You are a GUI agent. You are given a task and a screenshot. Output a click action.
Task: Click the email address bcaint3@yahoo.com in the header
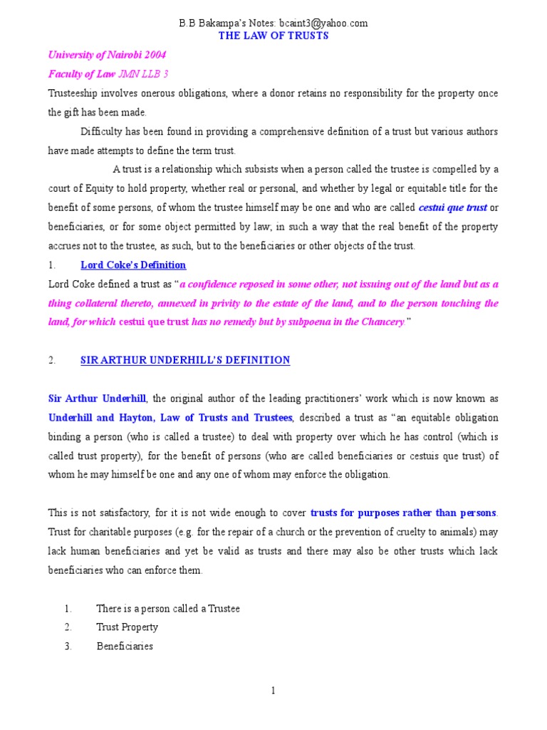[x=325, y=24]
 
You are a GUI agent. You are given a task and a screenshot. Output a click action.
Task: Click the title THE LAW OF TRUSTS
[x=273, y=36]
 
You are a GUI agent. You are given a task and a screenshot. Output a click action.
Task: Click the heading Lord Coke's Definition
[x=133, y=265]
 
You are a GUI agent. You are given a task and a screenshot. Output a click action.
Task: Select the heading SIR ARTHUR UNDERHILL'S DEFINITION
[x=185, y=360]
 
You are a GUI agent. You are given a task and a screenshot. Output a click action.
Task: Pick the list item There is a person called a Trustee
[x=168, y=608]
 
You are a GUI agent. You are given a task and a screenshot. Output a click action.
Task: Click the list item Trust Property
[x=127, y=627]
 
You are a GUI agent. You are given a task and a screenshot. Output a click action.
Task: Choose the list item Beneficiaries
[x=125, y=647]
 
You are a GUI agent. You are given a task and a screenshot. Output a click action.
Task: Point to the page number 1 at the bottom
[x=273, y=691]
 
